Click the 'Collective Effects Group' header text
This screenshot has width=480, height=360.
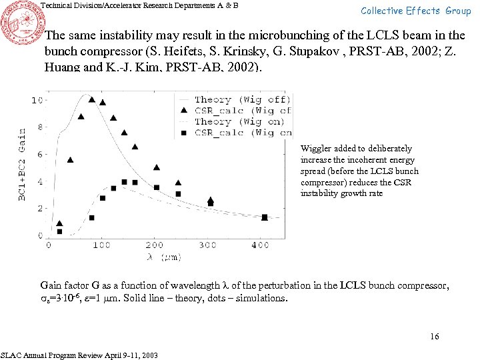point(416,11)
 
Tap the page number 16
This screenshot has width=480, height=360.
point(435,337)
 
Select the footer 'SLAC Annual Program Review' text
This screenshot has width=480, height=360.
point(80,355)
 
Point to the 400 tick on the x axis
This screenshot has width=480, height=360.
point(261,245)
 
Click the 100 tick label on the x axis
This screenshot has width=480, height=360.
point(101,245)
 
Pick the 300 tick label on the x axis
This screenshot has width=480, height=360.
point(207,245)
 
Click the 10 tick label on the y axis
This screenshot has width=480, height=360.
point(39,100)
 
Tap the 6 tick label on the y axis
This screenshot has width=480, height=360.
point(41,155)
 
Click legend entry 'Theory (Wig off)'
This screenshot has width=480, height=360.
point(241,100)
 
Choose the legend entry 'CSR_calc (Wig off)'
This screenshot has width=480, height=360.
point(241,111)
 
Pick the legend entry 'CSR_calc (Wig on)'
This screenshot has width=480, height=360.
point(241,132)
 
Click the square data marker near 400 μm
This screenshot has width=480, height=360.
point(265,217)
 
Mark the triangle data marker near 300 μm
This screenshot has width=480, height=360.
point(211,199)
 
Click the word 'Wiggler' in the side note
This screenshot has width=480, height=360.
point(316,149)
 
